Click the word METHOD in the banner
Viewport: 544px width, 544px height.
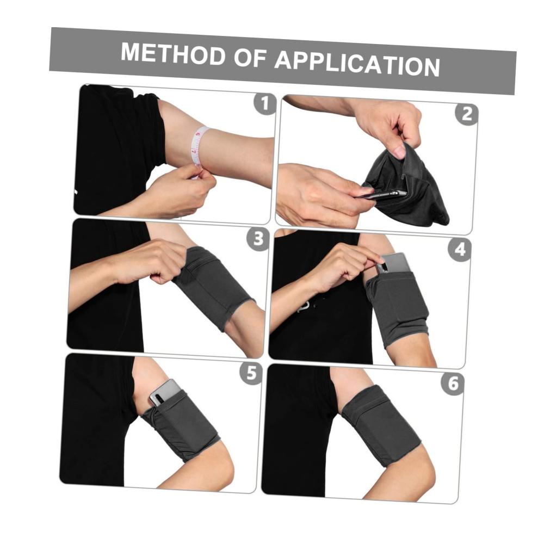point(173,54)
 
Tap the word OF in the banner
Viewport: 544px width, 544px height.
point(250,58)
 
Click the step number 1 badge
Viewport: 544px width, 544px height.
point(265,103)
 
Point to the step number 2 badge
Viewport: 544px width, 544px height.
point(467,114)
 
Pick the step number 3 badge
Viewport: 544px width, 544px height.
point(258,239)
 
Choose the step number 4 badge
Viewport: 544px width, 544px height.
point(460,250)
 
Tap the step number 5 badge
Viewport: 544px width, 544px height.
point(251,373)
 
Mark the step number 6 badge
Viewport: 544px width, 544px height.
point(453,384)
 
